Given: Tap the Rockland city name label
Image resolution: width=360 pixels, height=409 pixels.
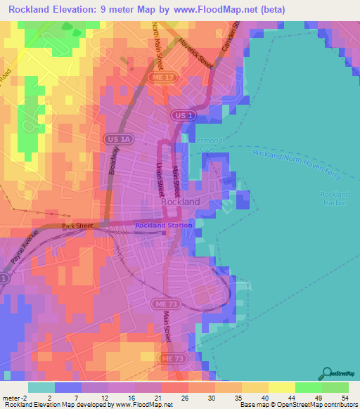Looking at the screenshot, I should tap(181, 202).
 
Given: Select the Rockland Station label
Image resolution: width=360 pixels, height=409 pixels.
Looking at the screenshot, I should tap(164, 225).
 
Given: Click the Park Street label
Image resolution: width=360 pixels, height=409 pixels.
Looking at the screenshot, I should tap(77, 226).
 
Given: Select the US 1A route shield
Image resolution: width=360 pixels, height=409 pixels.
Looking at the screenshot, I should tap(114, 139).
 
